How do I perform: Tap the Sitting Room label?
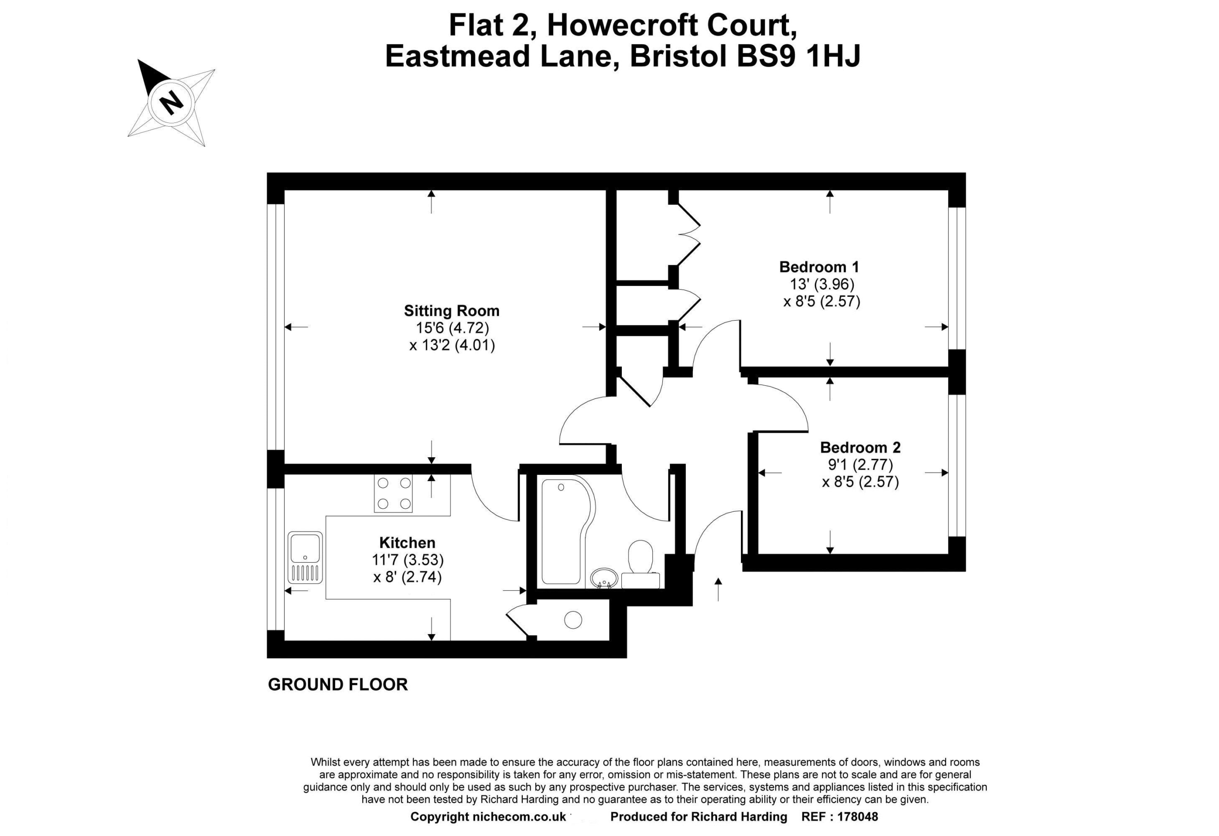click(451, 311)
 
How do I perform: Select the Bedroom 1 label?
click(819, 267)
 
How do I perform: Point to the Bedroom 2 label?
click(860, 447)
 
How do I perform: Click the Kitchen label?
click(407, 542)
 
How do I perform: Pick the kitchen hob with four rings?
click(393, 494)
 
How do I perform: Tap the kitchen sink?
click(305, 557)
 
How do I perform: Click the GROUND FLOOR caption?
click(338, 685)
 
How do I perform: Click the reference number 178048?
click(858, 816)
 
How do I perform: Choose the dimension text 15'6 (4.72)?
click(452, 328)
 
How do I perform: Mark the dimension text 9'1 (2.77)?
click(860, 464)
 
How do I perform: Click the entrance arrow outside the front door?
click(718, 589)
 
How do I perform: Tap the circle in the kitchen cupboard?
click(573, 620)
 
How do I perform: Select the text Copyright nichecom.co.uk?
click(488, 816)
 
